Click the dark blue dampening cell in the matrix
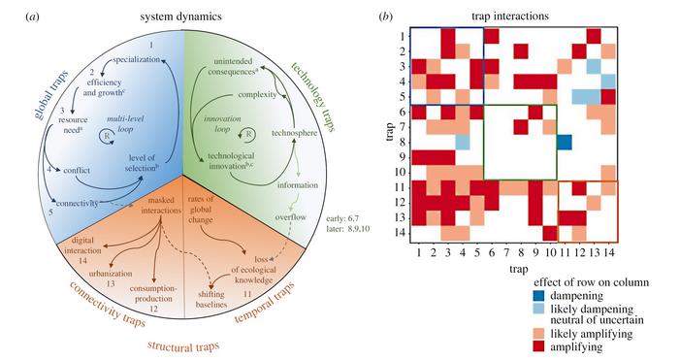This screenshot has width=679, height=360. click(565, 142)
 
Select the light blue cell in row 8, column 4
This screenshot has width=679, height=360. click(463, 142)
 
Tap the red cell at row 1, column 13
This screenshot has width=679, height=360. click(594, 36)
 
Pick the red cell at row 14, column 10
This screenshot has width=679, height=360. click(550, 233)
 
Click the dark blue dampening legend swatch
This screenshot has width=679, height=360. click(539, 295)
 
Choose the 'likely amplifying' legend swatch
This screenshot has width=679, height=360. click(539, 334)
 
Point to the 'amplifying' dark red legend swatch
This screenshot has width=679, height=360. click(539, 346)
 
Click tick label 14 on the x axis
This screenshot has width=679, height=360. click(608, 251)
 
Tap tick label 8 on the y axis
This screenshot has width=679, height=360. click(403, 142)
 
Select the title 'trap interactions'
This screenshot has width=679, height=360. click(510, 16)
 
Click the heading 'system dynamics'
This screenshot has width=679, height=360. click(180, 16)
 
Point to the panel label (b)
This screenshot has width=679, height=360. click(386, 16)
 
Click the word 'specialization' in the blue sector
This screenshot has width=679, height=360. click(137, 59)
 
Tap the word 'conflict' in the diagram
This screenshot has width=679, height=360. click(77, 170)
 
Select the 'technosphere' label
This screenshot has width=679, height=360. click(294, 133)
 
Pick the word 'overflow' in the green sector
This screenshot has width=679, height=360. click(291, 217)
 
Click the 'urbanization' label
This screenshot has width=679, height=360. click(111, 274)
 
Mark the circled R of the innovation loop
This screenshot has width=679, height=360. click(249, 135)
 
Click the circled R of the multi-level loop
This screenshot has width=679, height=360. click(106, 136)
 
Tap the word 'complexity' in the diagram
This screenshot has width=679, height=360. click(257, 94)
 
